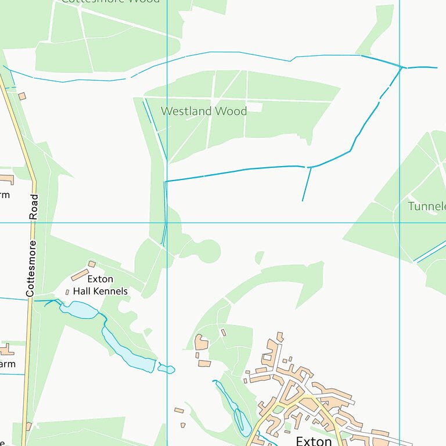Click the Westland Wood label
pyautogui.click(x=203, y=111)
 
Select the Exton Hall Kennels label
pyautogui.click(x=100, y=285)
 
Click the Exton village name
pyautogui.click(x=314, y=440)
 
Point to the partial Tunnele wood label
pyautogui.click(x=426, y=206)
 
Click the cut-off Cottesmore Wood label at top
pyautogui.click(x=110, y=2)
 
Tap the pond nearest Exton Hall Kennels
pyautogui.click(x=80, y=310)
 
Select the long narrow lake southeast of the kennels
pyautogui.click(x=128, y=351)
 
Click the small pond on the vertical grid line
pyautogui.click(x=167, y=369)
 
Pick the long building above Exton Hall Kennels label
pyautogui.click(x=80, y=275)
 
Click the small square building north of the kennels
pyautogui.click(x=92, y=264)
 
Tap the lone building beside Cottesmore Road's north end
pyautogui.click(x=22, y=96)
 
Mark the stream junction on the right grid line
pyautogui.click(x=401, y=67)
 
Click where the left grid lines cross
pyautogui.click(x=167, y=222)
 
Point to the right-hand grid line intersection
pyautogui.click(x=400, y=222)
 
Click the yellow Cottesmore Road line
pyautogui.click(x=29, y=348)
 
